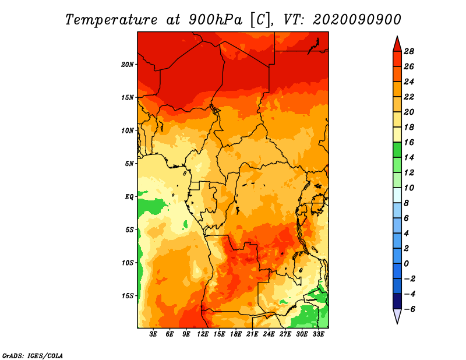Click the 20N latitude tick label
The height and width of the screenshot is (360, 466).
[x=127, y=65]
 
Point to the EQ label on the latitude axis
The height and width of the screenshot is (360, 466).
[x=129, y=197]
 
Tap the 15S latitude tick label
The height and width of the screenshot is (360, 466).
[x=127, y=296]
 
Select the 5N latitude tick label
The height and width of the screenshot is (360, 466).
[x=129, y=164]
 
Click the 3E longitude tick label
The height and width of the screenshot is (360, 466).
[x=153, y=334]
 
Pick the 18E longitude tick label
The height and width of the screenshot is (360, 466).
[x=236, y=334]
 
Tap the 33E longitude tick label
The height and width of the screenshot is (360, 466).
[x=318, y=334]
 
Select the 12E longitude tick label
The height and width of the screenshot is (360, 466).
[x=203, y=334]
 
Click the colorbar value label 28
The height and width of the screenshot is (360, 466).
[x=409, y=51]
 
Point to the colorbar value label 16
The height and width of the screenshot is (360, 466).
[x=409, y=142]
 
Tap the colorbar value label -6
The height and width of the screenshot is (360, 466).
[x=409, y=309]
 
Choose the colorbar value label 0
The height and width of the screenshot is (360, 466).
[x=406, y=264]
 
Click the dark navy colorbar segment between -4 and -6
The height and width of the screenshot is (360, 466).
[x=397, y=301]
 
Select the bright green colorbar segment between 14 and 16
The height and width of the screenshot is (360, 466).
[x=397, y=150]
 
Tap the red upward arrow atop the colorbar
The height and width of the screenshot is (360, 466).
[x=397, y=45]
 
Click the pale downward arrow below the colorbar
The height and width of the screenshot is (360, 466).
[x=397, y=316]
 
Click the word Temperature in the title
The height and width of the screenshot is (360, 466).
[x=111, y=20]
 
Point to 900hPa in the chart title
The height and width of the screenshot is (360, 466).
[x=216, y=20]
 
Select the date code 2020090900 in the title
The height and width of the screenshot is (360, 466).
[x=357, y=20]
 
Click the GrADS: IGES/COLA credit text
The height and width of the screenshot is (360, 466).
[x=33, y=356]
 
